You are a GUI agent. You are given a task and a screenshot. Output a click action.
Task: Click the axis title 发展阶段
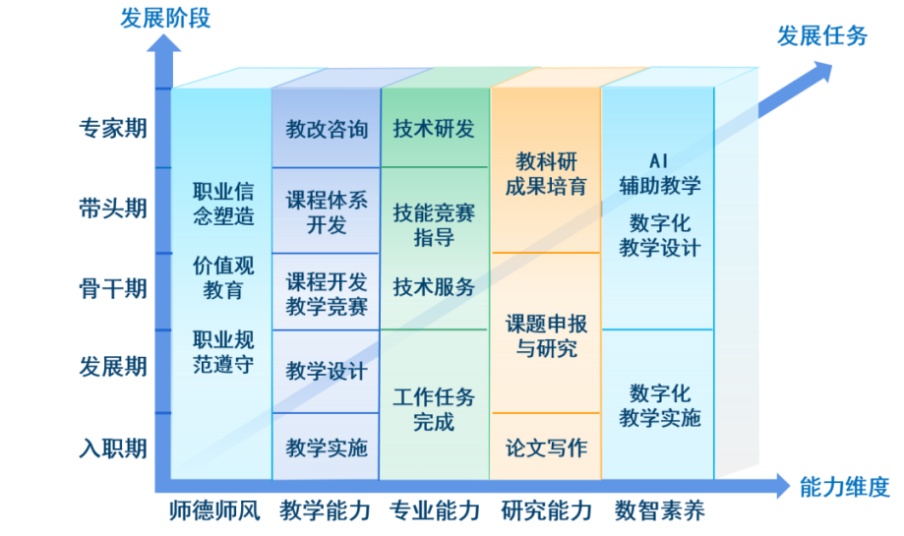[165, 18]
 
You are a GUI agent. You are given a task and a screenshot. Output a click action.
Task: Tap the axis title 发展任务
[822, 35]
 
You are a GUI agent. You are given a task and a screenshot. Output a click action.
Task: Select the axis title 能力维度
[845, 488]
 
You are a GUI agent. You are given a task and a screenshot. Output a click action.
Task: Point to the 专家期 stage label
[113, 128]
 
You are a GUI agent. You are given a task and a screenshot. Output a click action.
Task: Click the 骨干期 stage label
[113, 288]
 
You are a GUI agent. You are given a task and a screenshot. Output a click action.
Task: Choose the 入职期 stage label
[113, 447]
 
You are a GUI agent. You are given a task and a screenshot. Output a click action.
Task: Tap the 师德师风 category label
[214, 510]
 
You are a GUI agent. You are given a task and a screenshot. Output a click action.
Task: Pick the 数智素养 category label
[659, 510]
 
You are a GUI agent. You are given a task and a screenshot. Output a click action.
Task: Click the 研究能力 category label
[547, 510]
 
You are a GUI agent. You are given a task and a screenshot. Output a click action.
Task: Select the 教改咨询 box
[327, 128]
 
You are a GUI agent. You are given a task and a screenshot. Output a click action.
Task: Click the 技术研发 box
[436, 128]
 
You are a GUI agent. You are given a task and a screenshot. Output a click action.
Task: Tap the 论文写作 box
[546, 447]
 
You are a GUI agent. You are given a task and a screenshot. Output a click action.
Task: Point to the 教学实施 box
[326, 447]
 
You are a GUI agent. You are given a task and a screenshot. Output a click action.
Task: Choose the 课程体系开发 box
[327, 210]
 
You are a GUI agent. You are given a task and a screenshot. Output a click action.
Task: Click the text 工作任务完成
[434, 409]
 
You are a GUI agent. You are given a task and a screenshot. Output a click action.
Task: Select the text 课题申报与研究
[546, 336]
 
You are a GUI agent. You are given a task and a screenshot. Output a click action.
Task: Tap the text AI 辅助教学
[659, 173]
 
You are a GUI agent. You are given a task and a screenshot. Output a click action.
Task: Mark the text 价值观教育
[223, 277]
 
